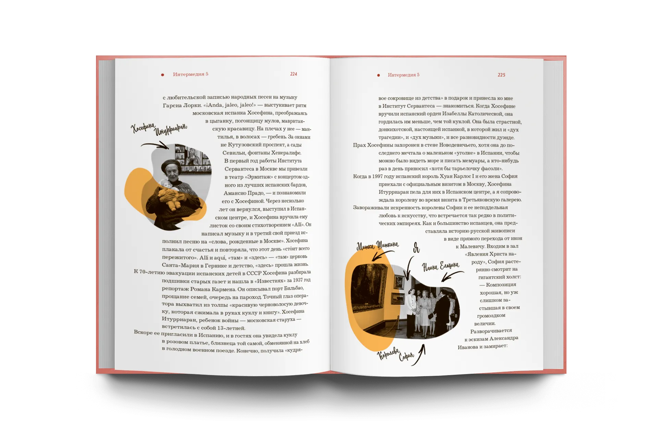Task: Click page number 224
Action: coord(293,74)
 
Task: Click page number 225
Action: coord(501,75)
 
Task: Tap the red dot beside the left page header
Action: coord(162,75)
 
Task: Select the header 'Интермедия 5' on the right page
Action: coord(403,75)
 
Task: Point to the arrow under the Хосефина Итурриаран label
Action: coord(155,145)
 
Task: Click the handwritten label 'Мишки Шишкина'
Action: coord(378,245)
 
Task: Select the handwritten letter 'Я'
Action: coord(416,247)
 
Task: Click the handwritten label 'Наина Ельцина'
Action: coord(440,266)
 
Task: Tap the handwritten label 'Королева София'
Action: coord(395,355)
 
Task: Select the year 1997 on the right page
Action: coord(377,176)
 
